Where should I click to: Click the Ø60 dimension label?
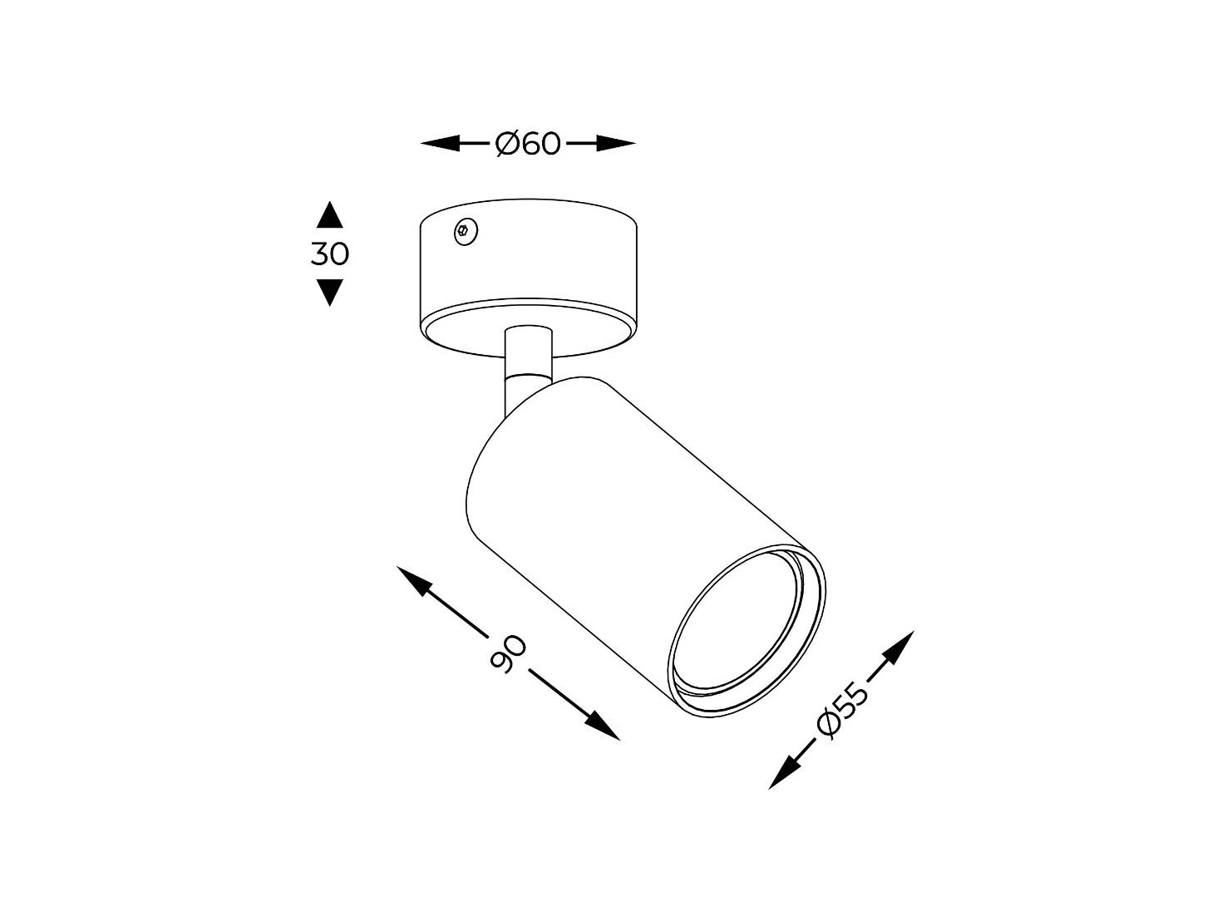(x=527, y=144)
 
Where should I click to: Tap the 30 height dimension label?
(x=329, y=254)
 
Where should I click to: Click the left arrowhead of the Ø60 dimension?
(x=440, y=144)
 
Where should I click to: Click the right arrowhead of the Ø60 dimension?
(x=616, y=144)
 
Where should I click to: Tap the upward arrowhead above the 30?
(x=329, y=214)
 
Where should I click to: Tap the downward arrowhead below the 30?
(x=329, y=293)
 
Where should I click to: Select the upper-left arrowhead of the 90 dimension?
(x=415, y=582)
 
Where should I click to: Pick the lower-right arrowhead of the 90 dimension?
(x=602, y=726)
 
